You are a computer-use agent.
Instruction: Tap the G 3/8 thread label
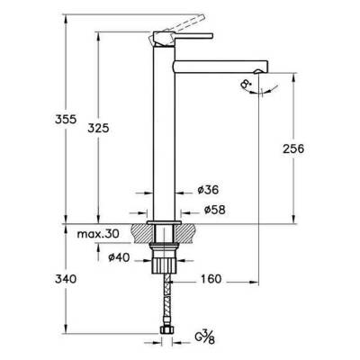click(203, 337)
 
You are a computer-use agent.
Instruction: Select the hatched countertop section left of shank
click(141, 231)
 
